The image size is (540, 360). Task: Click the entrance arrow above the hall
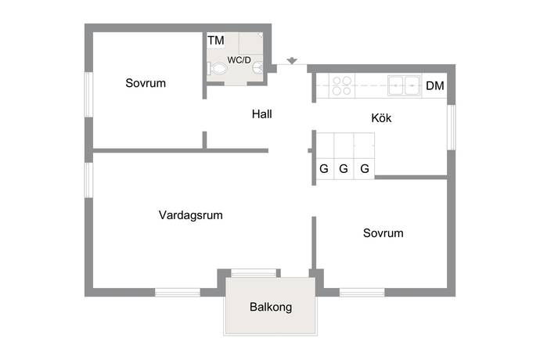click(x=292, y=60)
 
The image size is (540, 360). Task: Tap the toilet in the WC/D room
click(x=217, y=69)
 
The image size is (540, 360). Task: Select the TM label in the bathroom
click(x=216, y=41)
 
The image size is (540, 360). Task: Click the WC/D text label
click(x=239, y=60)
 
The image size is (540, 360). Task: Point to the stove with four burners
click(x=342, y=86)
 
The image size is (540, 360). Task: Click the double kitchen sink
click(x=404, y=85)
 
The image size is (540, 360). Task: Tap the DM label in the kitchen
click(x=435, y=86)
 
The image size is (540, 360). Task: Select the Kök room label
click(x=381, y=118)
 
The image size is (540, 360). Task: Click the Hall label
click(x=261, y=114)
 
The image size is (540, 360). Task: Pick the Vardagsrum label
click(x=191, y=215)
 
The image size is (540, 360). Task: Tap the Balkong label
click(x=271, y=307)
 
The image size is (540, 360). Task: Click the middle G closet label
click(x=344, y=169)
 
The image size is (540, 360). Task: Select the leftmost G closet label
click(x=324, y=169)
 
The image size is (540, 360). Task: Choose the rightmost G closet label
click(x=365, y=169)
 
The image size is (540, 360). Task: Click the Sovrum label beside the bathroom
click(x=146, y=83)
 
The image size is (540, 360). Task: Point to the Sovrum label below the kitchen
click(x=383, y=233)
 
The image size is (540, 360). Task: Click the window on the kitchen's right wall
click(x=451, y=128)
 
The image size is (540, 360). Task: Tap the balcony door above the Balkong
click(x=254, y=273)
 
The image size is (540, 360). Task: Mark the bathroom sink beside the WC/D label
click(x=259, y=68)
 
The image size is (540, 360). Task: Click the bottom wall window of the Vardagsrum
click(x=178, y=293)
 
